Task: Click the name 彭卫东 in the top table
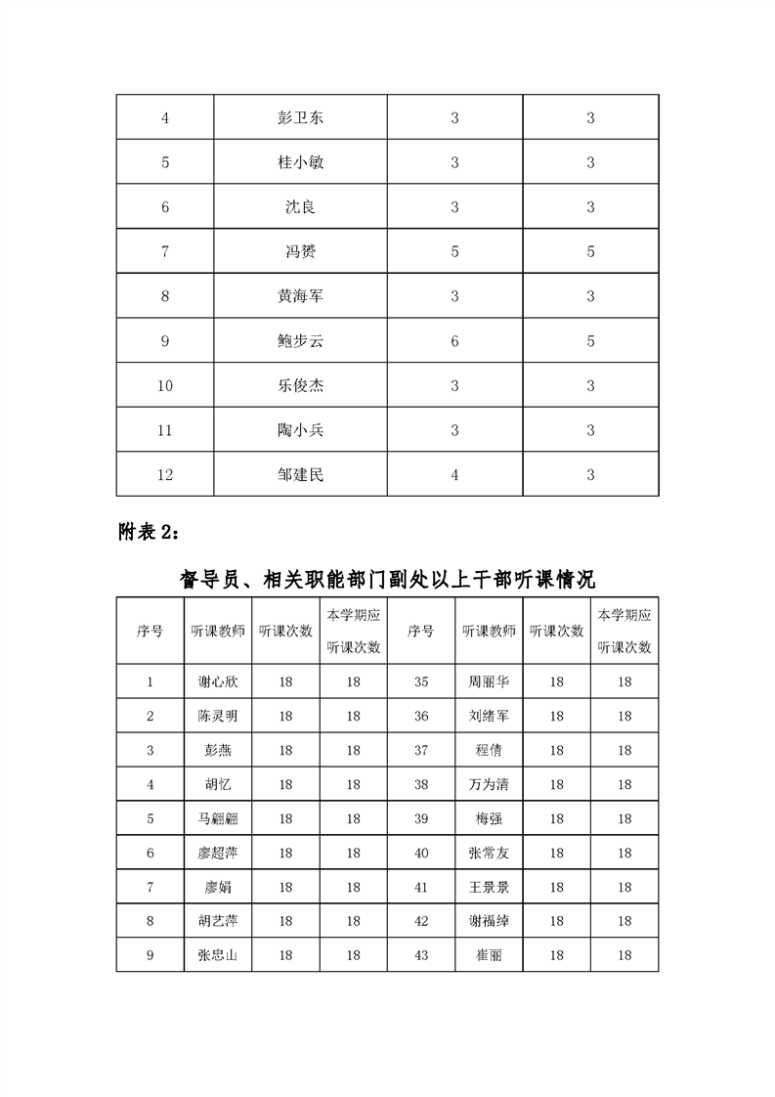[300, 118]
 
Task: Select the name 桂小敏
[300, 163]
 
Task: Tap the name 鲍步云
[300, 341]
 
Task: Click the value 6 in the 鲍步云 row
[454, 341]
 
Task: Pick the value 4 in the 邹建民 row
[454, 475]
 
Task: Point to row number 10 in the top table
[164, 386]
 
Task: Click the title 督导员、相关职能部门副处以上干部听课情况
[387, 579]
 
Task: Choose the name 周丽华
[489, 682]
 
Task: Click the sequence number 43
[420, 955]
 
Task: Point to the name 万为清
[489, 784]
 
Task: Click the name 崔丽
[489, 955]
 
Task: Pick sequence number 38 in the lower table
[420, 784]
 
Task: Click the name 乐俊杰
[300, 386]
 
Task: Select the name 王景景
[489, 888]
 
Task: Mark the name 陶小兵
[300, 430]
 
